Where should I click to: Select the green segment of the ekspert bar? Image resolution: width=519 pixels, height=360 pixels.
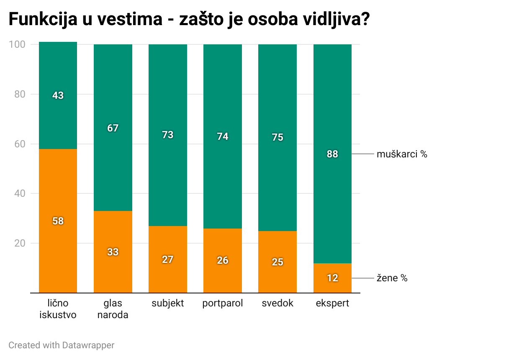[x=332, y=105]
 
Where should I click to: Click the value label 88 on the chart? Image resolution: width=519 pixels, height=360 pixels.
[x=332, y=154]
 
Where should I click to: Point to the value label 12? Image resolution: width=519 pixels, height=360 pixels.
[x=332, y=278]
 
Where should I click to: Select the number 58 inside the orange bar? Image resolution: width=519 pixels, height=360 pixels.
[x=58, y=221]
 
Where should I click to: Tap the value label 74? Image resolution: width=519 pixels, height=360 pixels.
[x=223, y=136]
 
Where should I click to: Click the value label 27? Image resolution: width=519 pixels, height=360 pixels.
[x=167, y=260]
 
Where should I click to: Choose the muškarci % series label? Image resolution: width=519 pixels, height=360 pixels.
[x=402, y=154]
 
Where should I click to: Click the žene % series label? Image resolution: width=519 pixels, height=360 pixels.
[x=392, y=278]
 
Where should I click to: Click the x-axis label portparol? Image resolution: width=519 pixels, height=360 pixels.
[x=223, y=303]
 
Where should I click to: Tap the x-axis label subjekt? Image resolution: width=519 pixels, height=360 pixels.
[x=167, y=303]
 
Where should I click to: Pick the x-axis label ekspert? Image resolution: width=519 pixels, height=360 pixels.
[x=332, y=303]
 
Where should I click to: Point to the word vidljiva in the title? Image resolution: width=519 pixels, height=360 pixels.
[x=324, y=20]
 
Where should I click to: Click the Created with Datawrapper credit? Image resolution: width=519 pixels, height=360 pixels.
[x=61, y=345]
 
